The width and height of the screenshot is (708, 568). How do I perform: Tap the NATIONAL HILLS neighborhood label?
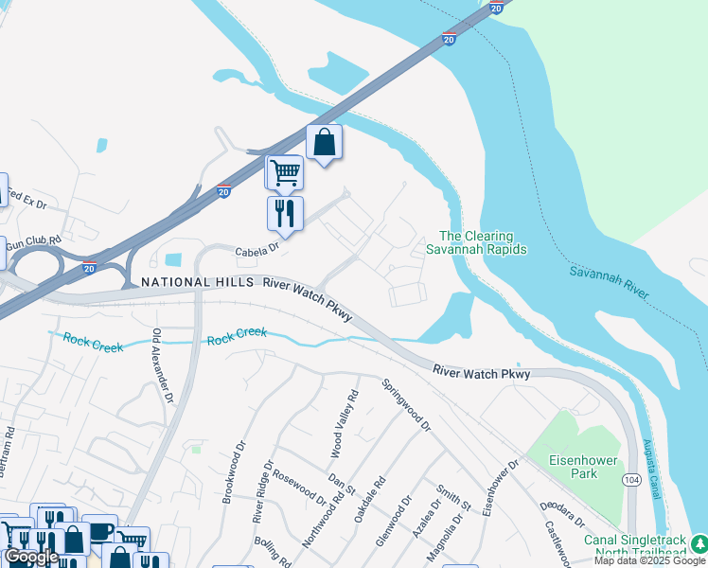coord(197,282)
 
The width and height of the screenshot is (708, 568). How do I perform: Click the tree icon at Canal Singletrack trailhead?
coord(699,543)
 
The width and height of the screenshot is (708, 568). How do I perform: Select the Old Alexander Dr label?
coord(163,367)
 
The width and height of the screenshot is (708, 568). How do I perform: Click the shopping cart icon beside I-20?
coord(284,172)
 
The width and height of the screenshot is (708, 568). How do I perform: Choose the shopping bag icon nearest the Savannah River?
coord(324,142)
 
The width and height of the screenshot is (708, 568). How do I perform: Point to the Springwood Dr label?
coord(406,405)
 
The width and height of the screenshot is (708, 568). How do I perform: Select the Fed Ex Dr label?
coord(27,199)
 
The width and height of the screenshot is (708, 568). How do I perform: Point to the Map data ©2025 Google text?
coord(649,560)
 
